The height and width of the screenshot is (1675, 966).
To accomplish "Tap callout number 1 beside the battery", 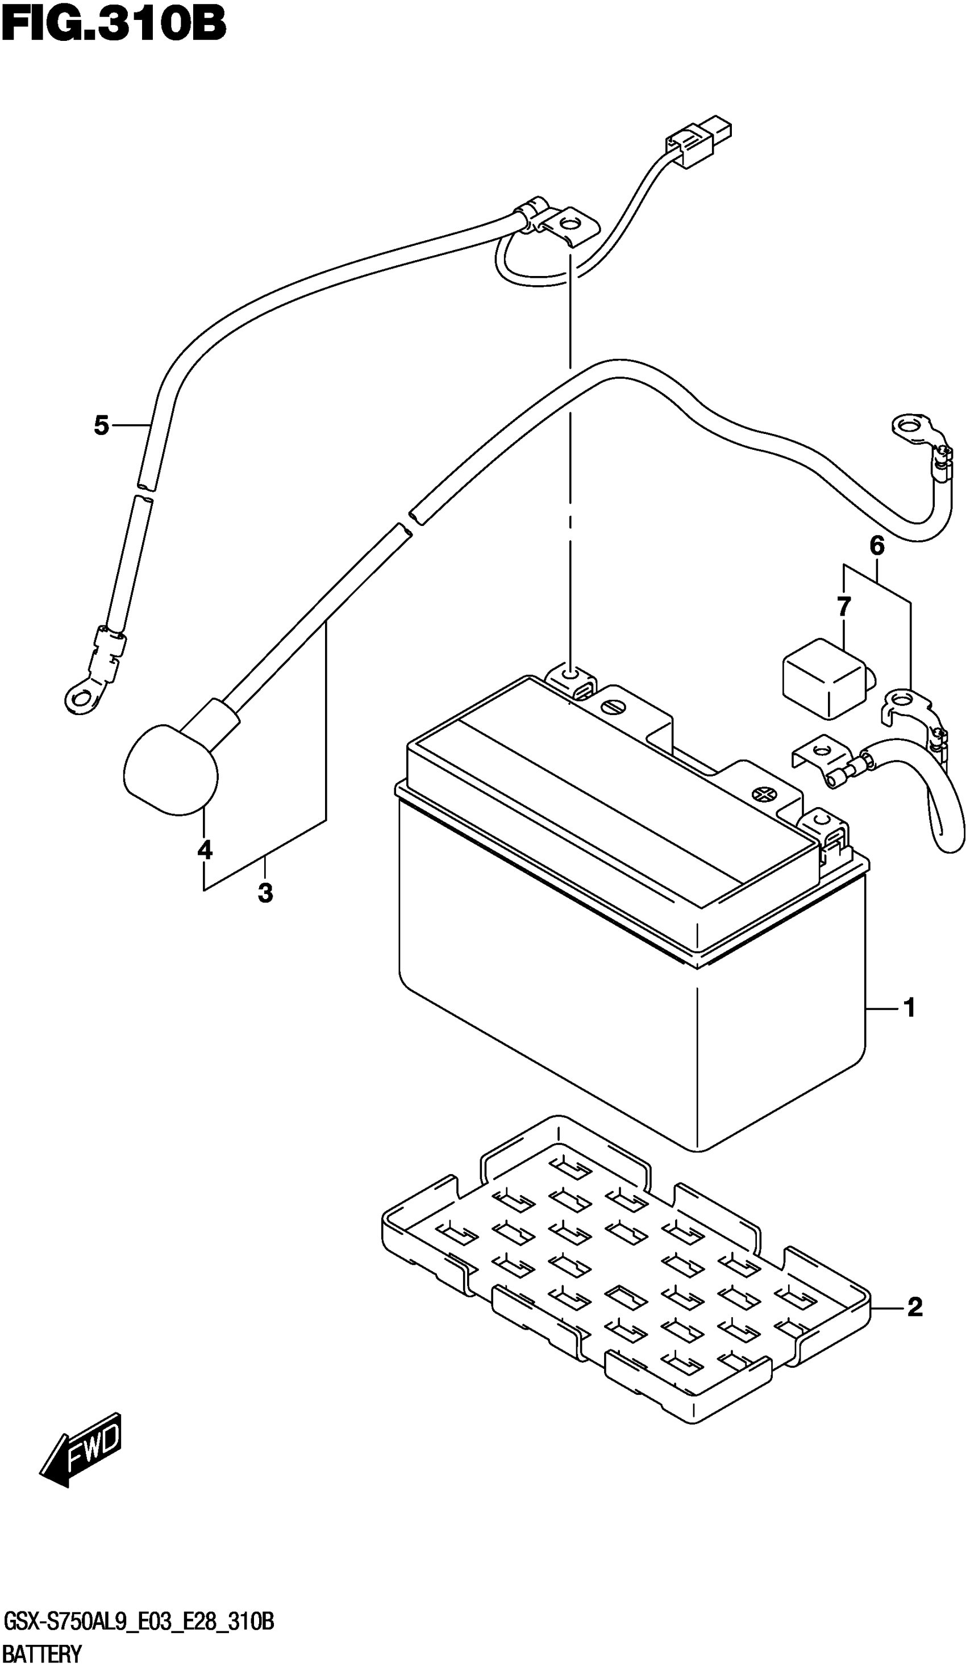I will click(910, 1027).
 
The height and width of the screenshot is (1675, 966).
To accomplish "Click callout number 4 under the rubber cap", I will click(205, 850).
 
